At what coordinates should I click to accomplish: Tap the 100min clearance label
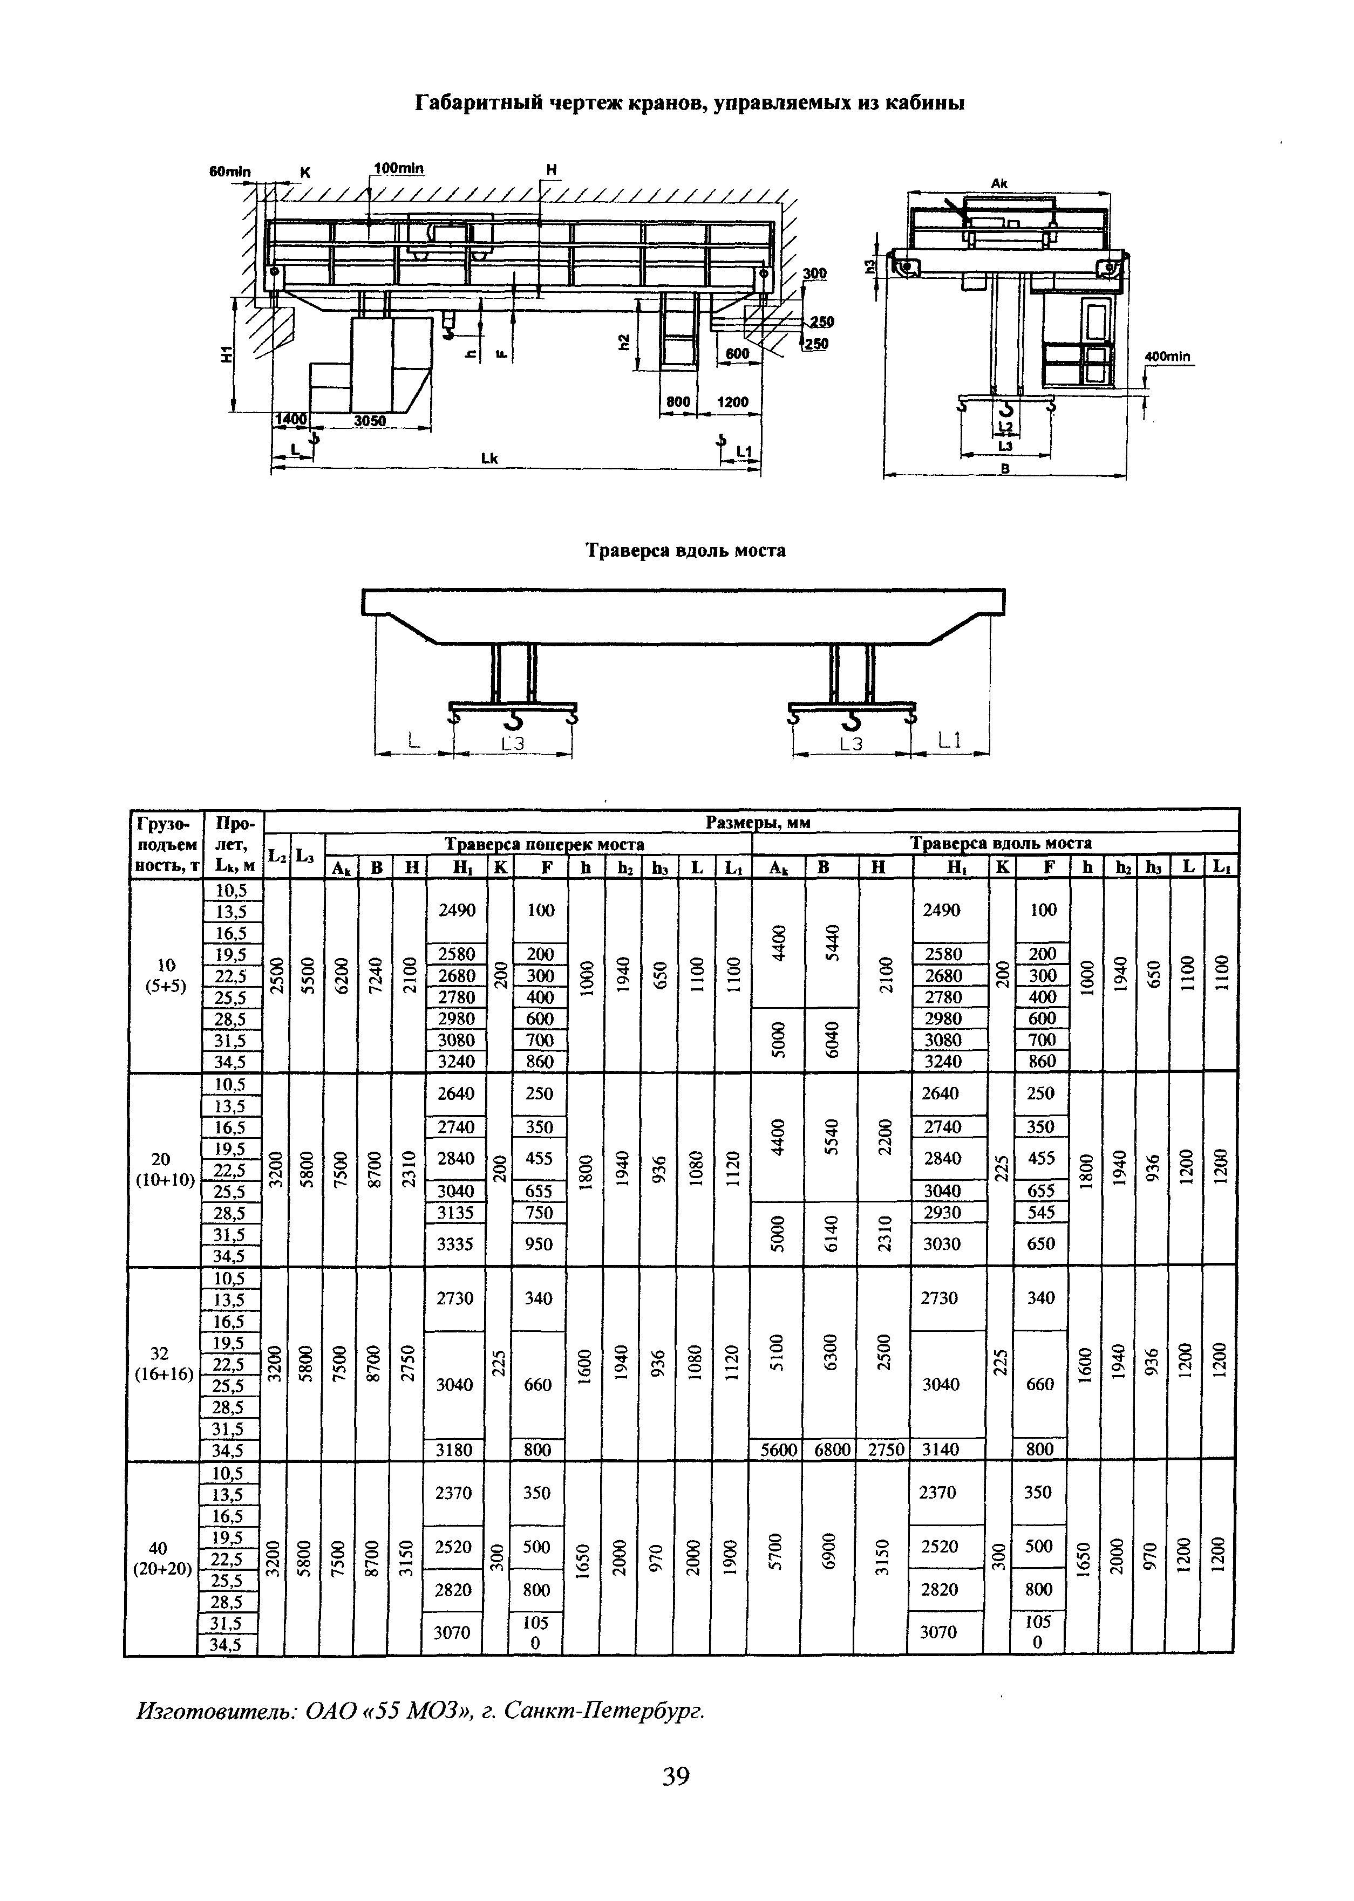tap(398, 168)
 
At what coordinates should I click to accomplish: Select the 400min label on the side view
tap(1168, 357)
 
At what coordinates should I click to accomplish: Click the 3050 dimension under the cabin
tap(369, 421)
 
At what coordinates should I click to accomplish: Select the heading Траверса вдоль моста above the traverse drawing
tap(685, 551)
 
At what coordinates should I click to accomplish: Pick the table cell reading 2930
tap(942, 1213)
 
